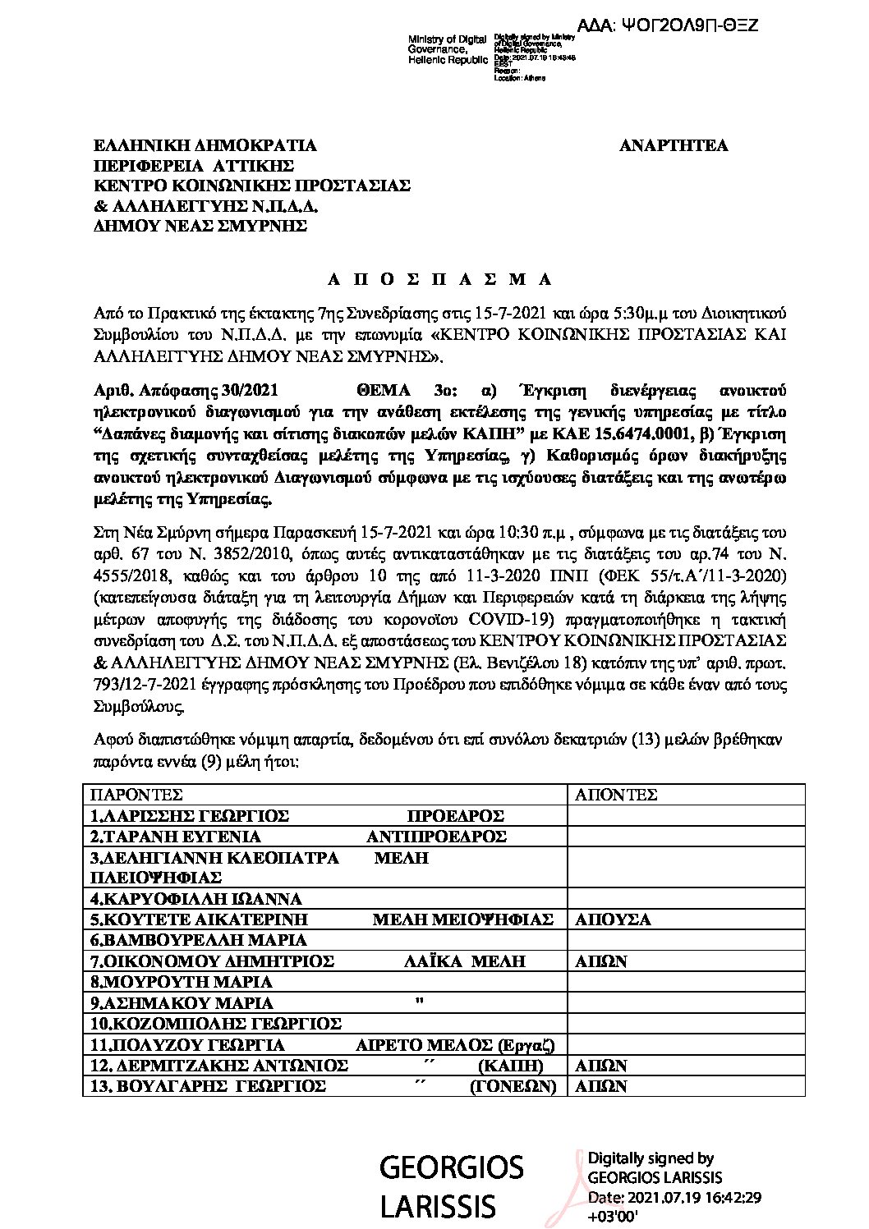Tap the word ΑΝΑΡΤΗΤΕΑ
tap(673, 146)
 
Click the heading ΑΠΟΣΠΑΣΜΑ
tap(439, 279)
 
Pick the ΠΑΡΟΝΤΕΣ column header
tap(136, 795)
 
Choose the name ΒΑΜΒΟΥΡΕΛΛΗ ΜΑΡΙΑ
tap(198, 941)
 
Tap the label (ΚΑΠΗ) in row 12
tap(510, 1066)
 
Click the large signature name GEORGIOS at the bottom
tap(451, 1167)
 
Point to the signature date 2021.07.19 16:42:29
tap(674, 1198)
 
